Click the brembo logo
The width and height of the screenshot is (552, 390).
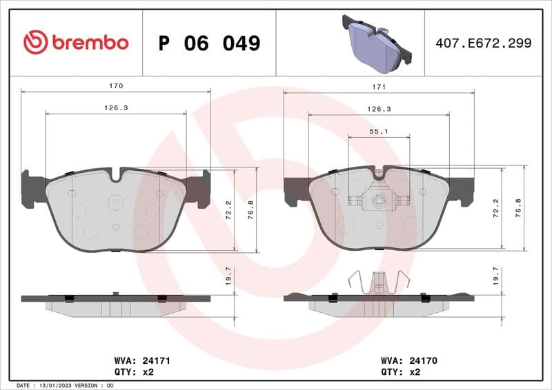[76, 43]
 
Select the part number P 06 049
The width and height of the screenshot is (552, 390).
[209, 43]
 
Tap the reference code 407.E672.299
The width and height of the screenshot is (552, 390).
[483, 43]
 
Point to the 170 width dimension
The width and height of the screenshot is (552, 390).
[116, 86]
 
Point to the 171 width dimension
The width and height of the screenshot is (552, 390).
[379, 87]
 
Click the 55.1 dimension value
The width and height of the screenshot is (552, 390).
[379, 131]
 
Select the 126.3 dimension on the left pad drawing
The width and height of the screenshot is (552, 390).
[116, 108]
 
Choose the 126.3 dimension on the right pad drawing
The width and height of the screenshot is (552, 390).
[379, 109]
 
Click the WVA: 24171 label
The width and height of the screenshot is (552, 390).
[141, 360]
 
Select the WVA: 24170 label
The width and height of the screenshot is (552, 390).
[409, 360]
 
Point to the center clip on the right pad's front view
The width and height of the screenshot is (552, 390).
[378, 201]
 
